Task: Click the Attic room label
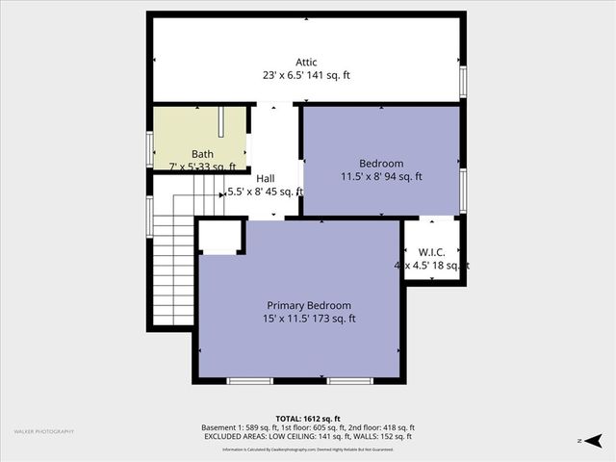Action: (x=307, y=61)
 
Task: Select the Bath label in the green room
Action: (x=202, y=154)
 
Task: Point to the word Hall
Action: (x=266, y=178)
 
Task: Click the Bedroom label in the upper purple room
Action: (x=381, y=164)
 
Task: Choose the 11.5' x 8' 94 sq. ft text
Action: (x=381, y=177)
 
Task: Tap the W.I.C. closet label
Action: (x=433, y=253)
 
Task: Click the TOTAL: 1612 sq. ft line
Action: (x=308, y=419)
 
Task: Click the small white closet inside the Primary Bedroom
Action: (x=220, y=237)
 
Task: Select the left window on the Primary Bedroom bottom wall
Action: (x=249, y=381)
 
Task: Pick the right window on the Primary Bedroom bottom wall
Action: (x=349, y=381)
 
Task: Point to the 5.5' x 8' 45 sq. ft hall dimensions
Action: (x=266, y=192)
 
